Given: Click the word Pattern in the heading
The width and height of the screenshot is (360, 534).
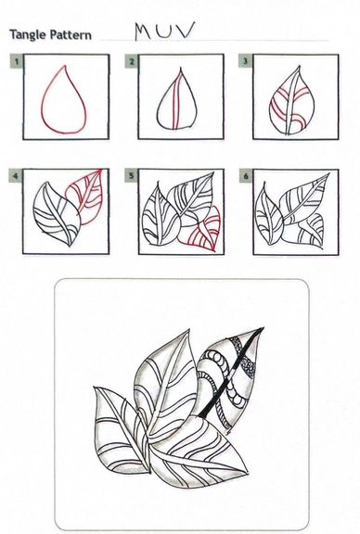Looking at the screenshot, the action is click(71, 34).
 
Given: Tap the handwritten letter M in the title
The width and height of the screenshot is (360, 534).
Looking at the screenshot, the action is click(144, 32).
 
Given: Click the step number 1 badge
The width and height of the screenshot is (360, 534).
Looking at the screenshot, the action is click(17, 61).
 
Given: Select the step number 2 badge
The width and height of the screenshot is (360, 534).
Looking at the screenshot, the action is click(132, 61).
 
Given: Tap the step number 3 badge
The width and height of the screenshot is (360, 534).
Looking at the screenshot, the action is click(245, 61).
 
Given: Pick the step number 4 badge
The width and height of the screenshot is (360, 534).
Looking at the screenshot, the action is click(16, 176).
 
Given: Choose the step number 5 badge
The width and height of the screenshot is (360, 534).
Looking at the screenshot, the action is click(131, 176).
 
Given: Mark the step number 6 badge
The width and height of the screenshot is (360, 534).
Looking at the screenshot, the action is click(246, 176).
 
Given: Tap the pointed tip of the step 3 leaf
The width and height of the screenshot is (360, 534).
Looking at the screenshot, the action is click(300, 66).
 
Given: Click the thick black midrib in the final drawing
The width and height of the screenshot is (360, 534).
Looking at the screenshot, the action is click(233, 371).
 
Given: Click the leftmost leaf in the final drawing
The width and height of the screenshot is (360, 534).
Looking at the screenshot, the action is click(120, 429).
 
